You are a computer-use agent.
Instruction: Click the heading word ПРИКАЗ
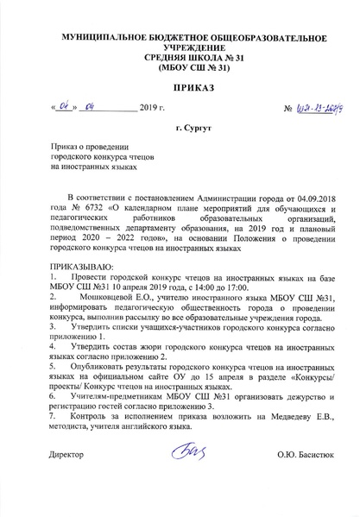pos(180,89)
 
